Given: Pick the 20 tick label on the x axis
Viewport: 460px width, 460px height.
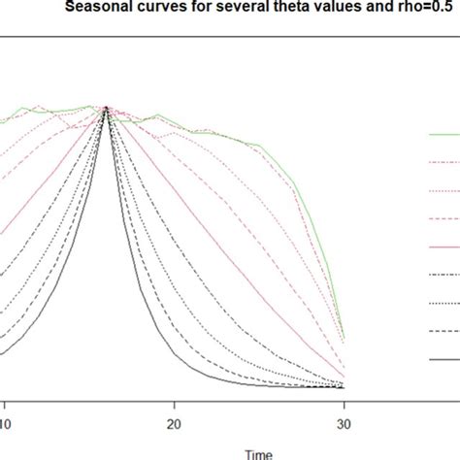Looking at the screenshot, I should click(x=174, y=423).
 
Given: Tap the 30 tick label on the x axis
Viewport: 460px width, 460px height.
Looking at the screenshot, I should click(x=343, y=423).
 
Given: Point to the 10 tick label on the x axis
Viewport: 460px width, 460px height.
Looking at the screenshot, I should click(x=5, y=423).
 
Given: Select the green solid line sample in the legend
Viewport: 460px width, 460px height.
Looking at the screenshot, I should click(x=444, y=135).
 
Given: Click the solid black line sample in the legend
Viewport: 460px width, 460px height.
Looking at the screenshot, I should click(x=444, y=359).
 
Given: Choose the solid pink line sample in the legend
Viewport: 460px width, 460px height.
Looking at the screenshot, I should click(x=444, y=246).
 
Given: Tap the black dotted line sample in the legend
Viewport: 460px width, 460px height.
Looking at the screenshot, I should click(x=444, y=303).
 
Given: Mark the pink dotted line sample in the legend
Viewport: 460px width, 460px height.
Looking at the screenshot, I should click(x=444, y=191).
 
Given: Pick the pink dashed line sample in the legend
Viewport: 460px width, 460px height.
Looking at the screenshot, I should click(x=444, y=219).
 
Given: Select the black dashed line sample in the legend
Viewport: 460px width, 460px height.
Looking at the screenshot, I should click(x=444, y=331).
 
